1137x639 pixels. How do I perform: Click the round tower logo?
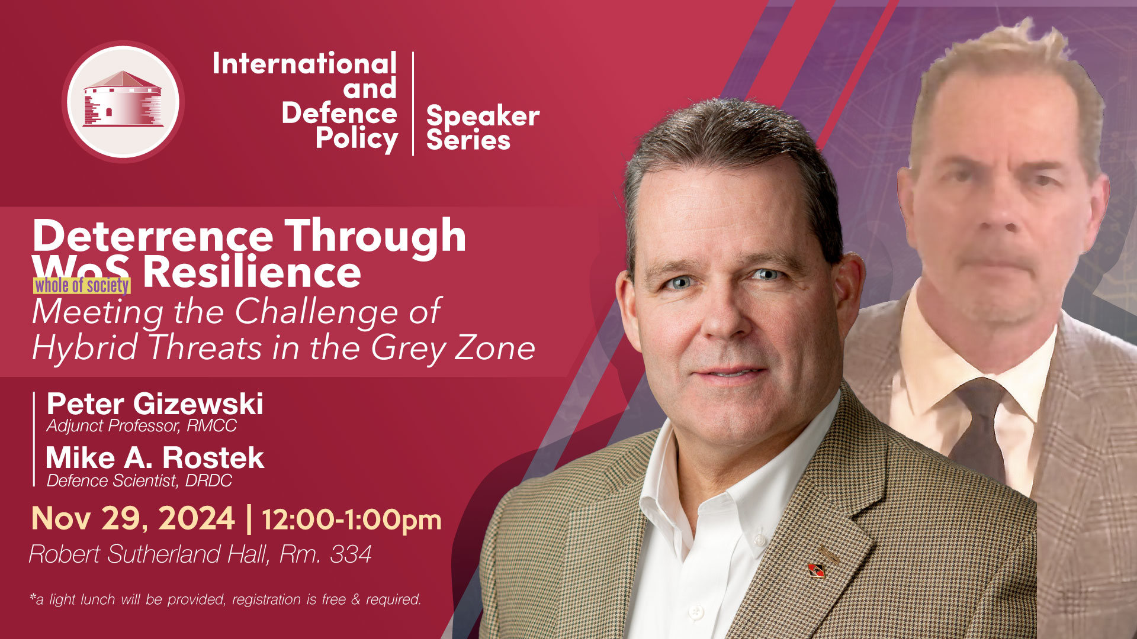pos(123,102)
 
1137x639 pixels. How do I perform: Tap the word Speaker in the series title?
pos(483,116)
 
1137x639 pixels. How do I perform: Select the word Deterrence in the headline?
pos(153,237)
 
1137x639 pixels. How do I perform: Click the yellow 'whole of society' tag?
pos(82,286)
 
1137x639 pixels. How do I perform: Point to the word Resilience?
pos(252,272)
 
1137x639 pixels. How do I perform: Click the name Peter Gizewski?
pos(155,404)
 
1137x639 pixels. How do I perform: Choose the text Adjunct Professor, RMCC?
pos(142,425)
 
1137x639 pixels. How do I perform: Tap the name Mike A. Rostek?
pos(155,457)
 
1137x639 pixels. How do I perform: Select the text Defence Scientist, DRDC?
pos(139,480)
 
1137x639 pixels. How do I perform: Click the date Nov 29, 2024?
pos(133,518)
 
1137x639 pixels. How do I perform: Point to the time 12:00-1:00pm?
pos(352,519)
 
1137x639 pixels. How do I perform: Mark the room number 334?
pos(351,554)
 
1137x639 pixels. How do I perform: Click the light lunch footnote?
pos(225,599)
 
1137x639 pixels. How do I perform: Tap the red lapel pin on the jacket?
pos(817,570)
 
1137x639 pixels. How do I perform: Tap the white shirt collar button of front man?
pos(759,540)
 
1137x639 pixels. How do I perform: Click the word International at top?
pos(304,63)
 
